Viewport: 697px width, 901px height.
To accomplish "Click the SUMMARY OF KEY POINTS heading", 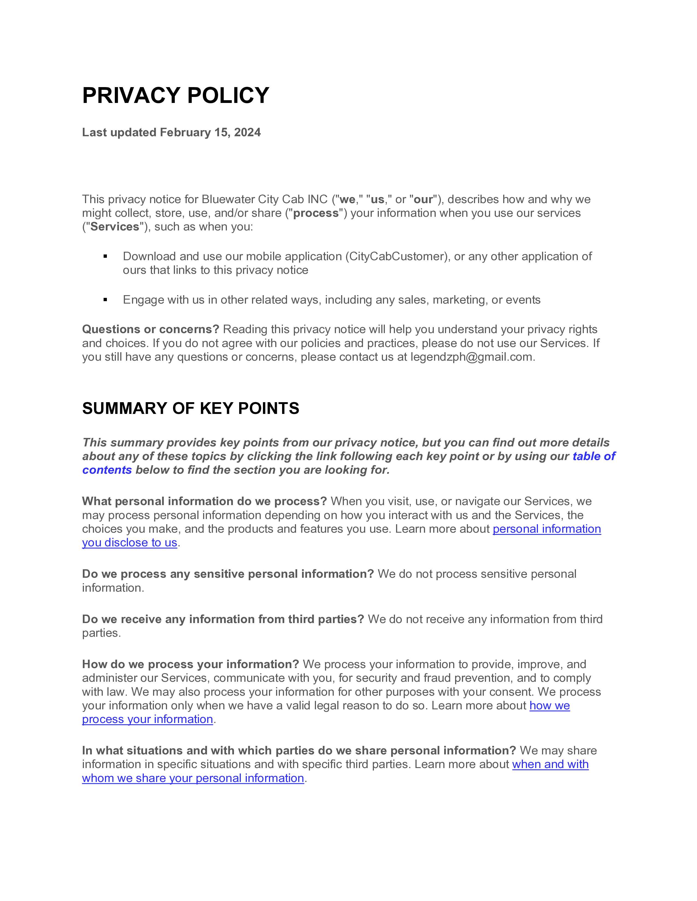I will (x=190, y=408).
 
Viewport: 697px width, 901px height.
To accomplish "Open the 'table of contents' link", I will (x=593, y=456).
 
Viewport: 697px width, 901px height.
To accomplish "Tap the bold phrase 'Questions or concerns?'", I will (x=150, y=330).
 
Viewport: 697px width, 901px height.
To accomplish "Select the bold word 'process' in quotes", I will (x=316, y=213).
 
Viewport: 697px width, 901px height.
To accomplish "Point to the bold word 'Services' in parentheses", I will (x=115, y=227).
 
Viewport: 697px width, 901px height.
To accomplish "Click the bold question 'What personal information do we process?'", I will (x=204, y=501).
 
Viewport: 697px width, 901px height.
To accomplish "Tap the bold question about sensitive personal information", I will (x=227, y=574).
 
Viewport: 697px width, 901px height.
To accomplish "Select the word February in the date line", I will (x=185, y=132).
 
